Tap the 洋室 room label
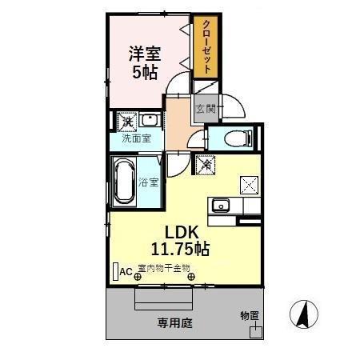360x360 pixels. click(146, 55)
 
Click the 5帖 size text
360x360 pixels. click(145, 74)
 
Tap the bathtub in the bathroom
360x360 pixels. click(123, 182)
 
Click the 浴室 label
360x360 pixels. click(150, 182)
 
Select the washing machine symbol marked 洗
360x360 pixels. click(126, 122)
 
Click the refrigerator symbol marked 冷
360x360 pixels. click(206, 165)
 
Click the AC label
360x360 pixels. click(126, 272)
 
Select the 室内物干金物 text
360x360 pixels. click(164, 269)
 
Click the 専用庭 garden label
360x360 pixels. click(174, 323)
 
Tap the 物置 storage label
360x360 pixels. click(250, 316)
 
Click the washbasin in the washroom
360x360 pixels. click(150, 122)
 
